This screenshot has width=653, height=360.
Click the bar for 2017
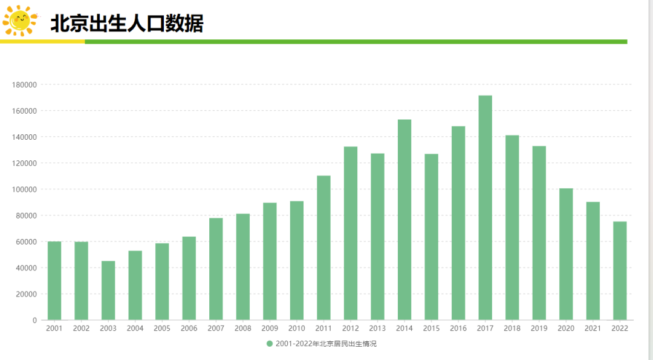[485, 208]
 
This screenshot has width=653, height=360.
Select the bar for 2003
[108, 290]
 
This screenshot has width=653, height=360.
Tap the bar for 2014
[404, 220]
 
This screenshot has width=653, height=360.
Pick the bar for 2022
[620, 271]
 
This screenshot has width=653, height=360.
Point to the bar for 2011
[323, 248]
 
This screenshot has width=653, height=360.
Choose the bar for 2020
[566, 254]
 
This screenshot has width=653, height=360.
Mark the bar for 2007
[216, 269]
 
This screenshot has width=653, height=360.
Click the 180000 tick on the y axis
[25, 85]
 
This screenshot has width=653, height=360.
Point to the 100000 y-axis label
[25, 189]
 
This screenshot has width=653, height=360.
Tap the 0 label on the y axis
[34, 321]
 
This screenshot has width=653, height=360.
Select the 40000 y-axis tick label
[26, 268]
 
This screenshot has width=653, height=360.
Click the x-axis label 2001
[54, 329]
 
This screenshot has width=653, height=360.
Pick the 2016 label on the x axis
[458, 329]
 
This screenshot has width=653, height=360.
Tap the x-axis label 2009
[270, 329]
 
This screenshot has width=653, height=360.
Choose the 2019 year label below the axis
[539, 329]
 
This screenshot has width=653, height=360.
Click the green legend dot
[270, 344]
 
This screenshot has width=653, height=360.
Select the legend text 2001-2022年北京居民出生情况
[326, 344]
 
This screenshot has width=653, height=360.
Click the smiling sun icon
[19, 21]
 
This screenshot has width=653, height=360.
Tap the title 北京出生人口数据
[127, 24]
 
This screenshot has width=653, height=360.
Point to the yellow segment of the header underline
[42, 42]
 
